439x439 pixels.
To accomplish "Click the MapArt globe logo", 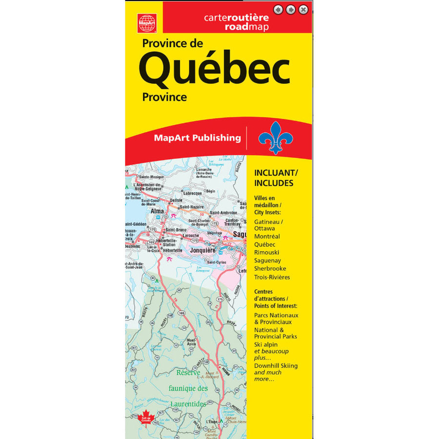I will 147,22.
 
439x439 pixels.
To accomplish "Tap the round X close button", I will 303,9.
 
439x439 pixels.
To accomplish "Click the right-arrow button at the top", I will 291,9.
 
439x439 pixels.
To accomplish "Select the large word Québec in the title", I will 215,70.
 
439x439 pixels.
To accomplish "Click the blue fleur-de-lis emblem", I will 276,137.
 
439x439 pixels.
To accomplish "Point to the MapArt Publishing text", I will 197,138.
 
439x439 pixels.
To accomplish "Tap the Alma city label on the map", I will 158,211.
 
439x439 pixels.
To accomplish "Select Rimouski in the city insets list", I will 268,253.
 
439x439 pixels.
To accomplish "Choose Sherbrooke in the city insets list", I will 270,269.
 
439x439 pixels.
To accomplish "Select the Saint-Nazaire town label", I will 192,207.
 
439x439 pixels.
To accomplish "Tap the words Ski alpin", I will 266,344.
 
